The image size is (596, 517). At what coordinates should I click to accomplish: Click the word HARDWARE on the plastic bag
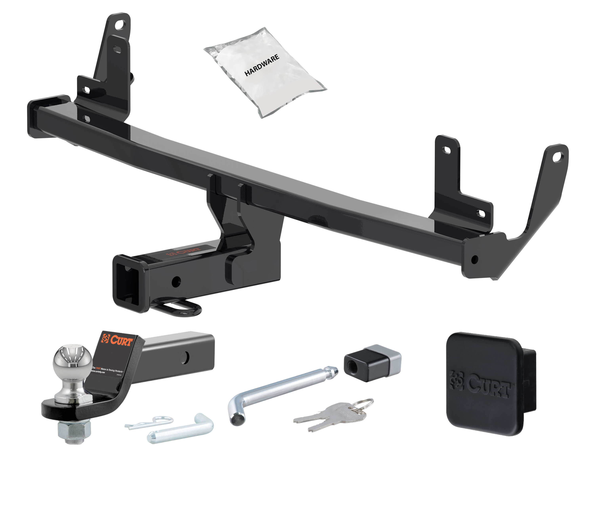tap(262, 65)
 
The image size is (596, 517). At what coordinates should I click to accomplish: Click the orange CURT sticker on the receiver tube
tap(184, 251)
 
